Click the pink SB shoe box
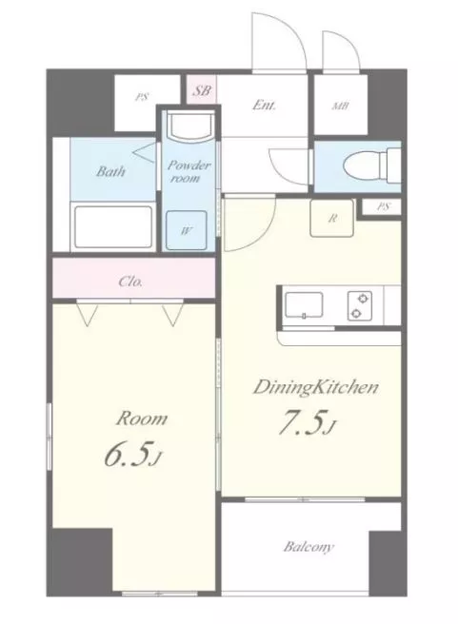click(202, 89)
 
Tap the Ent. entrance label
click(264, 105)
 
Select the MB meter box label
click(341, 107)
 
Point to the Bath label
click(110, 171)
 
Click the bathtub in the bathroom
click(113, 226)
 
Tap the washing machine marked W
click(187, 230)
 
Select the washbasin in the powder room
click(190, 127)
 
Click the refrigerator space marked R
click(331, 218)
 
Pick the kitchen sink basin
click(304, 304)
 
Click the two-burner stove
click(360, 305)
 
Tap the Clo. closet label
click(130, 282)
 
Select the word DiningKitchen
click(315, 387)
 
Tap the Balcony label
click(309, 547)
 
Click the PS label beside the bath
click(141, 97)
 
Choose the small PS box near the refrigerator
click(382, 207)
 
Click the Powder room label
click(189, 171)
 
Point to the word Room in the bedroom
click(142, 419)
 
